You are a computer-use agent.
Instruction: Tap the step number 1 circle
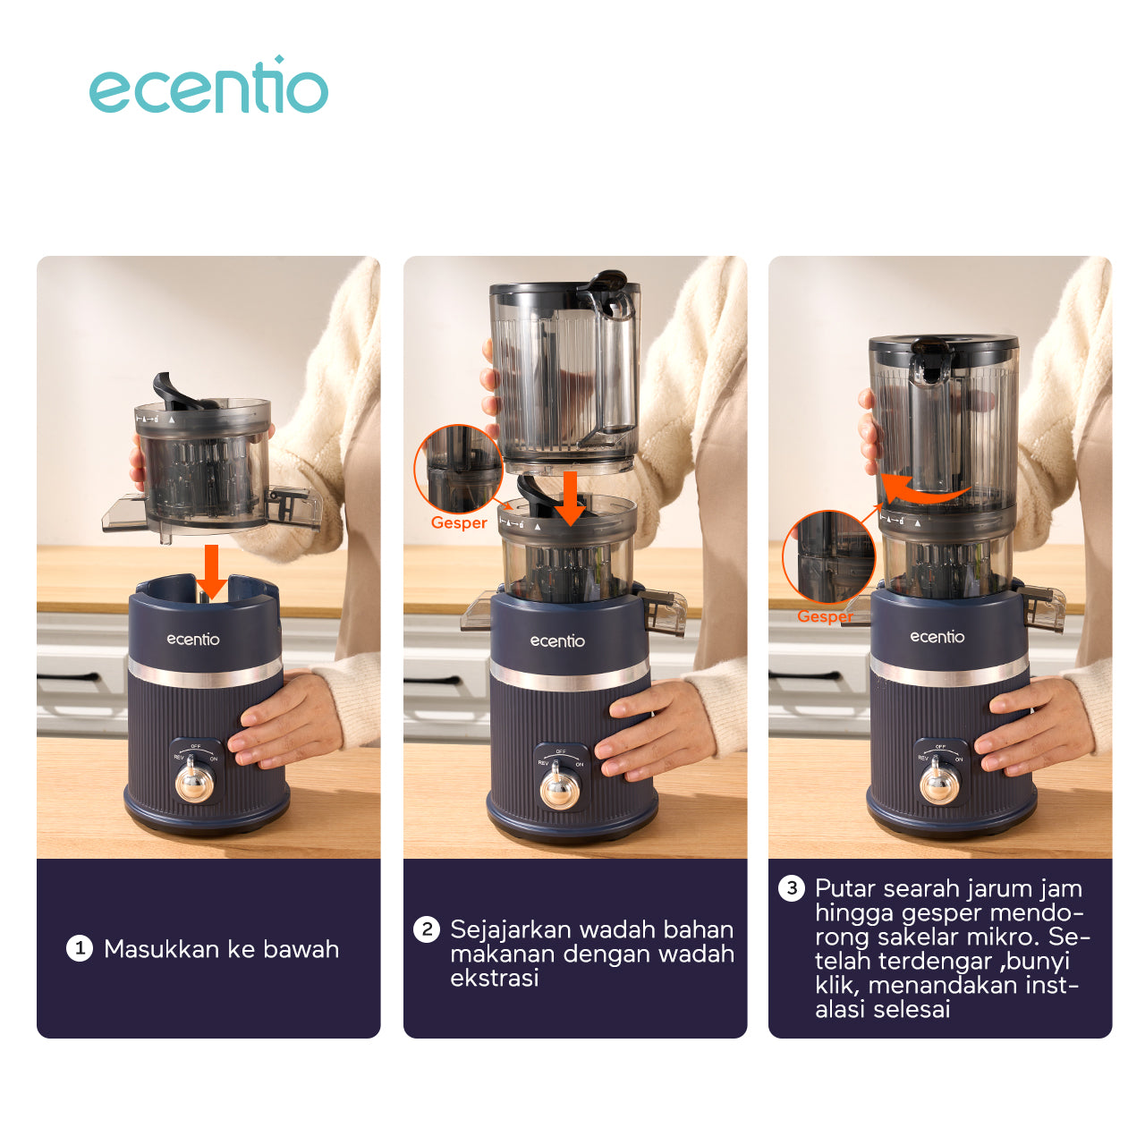[80, 949]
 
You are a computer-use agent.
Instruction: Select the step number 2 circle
[427, 929]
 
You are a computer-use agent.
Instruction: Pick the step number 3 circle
[792, 888]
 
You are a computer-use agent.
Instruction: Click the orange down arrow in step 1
[211, 571]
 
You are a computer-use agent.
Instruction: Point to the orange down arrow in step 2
[571, 498]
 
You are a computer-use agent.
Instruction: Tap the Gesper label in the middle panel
[459, 523]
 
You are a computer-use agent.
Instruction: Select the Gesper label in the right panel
[825, 616]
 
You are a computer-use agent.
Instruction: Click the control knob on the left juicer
[194, 782]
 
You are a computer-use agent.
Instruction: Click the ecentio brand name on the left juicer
[193, 640]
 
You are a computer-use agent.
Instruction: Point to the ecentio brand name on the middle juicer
[557, 641]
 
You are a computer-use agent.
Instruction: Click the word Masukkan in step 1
[160, 949]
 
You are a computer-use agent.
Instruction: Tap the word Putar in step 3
[845, 888]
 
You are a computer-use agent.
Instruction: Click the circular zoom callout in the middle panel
[458, 470]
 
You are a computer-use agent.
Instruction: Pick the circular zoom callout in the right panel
[829, 557]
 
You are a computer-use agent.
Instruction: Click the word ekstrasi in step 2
[495, 978]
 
